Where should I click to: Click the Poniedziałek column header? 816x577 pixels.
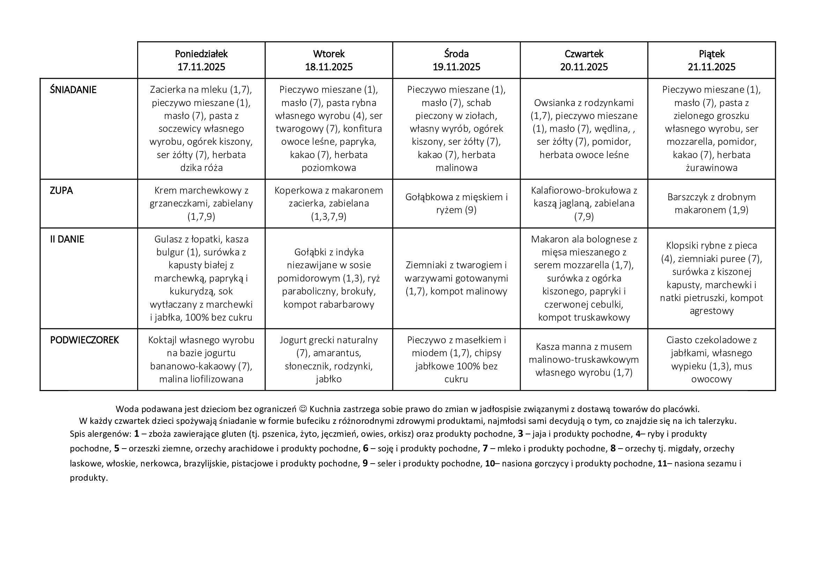click(201, 54)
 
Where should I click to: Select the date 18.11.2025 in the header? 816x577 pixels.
click(329, 67)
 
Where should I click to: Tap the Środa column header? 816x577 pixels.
click(456, 54)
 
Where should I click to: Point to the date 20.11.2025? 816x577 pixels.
click(584, 67)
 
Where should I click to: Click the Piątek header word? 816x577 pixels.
click(712, 54)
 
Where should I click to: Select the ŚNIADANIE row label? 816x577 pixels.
click(73, 90)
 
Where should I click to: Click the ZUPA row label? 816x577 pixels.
click(61, 191)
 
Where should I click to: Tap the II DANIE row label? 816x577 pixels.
click(67, 239)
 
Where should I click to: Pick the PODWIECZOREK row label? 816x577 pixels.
click(84, 340)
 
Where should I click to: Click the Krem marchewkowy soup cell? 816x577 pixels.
click(201, 204)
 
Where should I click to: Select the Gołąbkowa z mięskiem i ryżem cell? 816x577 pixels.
click(456, 204)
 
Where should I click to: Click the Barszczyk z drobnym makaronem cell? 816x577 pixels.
click(712, 204)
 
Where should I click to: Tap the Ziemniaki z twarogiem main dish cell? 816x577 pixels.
click(456, 278)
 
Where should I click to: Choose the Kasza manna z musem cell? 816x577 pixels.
click(584, 360)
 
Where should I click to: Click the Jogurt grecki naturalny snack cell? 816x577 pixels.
click(329, 360)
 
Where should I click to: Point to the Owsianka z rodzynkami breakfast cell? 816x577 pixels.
click(584, 129)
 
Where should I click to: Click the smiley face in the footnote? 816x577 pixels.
click(303, 409)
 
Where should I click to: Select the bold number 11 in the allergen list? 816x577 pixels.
click(662, 464)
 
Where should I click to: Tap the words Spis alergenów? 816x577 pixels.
click(101, 434)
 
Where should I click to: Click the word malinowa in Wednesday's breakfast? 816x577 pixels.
click(456, 168)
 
